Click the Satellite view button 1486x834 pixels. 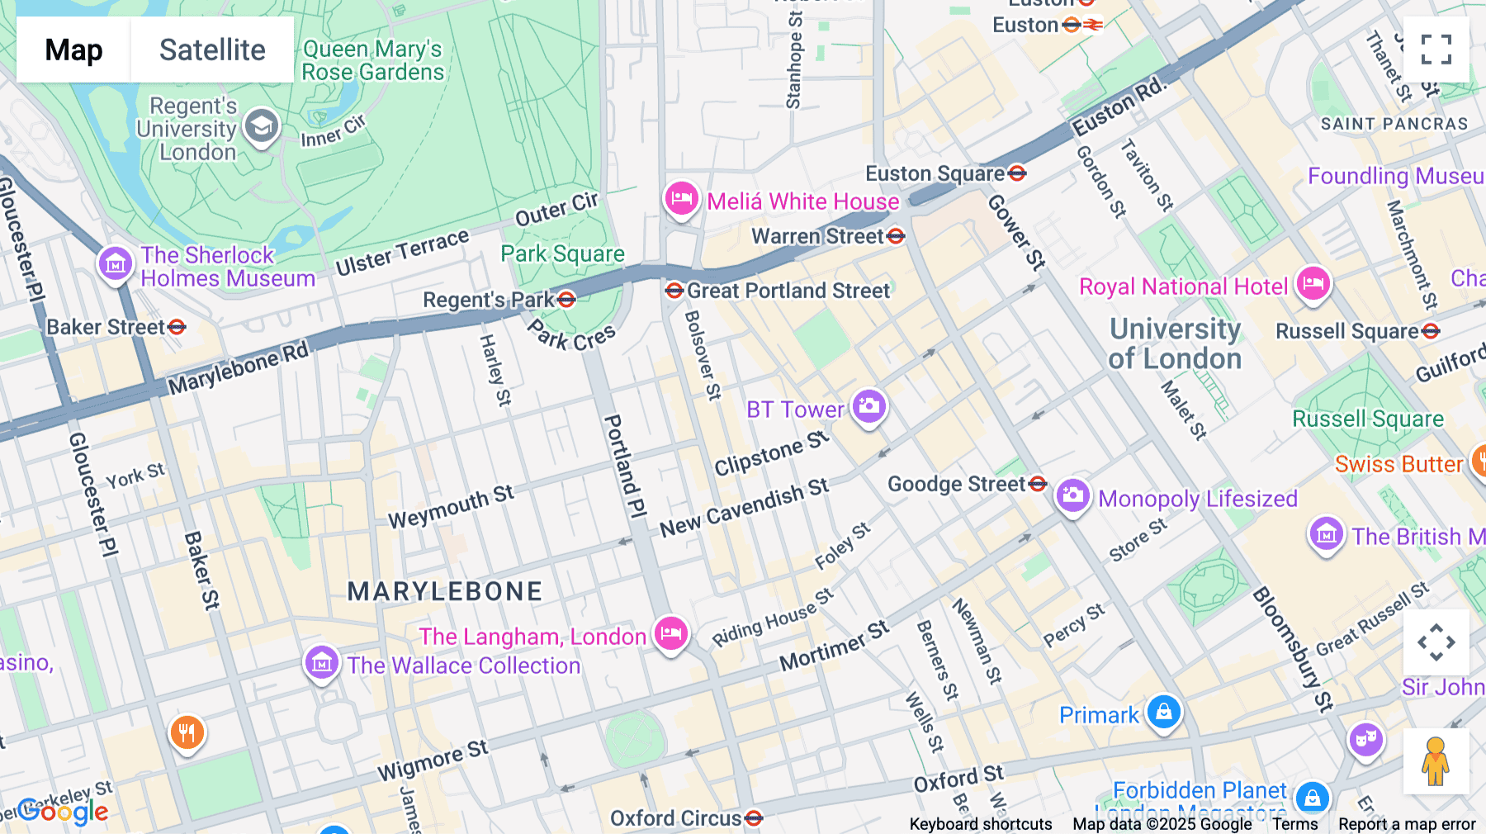coord(212,50)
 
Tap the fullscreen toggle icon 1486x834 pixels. coord(1436,50)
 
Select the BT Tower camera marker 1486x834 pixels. coord(868,405)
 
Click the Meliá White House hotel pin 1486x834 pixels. coord(681,199)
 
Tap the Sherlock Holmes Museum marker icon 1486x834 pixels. coord(116,264)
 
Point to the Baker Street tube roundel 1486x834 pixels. coord(177,327)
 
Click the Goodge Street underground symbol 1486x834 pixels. coord(1038,484)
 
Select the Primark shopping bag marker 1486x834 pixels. coord(1164,711)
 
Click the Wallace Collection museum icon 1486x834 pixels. coord(322,662)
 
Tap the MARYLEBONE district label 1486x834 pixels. coord(444,591)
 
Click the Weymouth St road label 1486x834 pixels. coord(451,507)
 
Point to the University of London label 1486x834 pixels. coord(1175,344)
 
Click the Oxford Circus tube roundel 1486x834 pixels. coord(753,818)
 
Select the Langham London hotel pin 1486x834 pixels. coord(671,634)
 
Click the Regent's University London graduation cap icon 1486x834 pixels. coord(262,127)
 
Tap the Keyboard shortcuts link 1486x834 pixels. coord(980,823)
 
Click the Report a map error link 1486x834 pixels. coord(1406,823)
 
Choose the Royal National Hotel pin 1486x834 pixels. coord(1313,284)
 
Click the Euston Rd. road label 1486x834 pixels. coord(1119,107)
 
